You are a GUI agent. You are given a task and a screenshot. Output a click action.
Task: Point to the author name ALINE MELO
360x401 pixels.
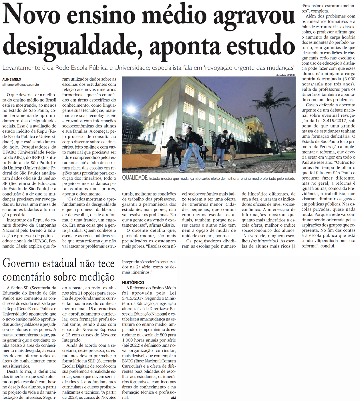pos(12,79)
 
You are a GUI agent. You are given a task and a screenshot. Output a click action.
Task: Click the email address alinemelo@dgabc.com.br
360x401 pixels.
pos(21,85)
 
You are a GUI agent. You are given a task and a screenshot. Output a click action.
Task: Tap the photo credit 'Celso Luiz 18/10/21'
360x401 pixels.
pos(286,75)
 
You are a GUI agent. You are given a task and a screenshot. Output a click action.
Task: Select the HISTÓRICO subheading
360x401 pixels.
pos(133,282)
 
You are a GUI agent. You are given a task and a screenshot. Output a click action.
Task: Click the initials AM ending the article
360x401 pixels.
pos(173,398)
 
